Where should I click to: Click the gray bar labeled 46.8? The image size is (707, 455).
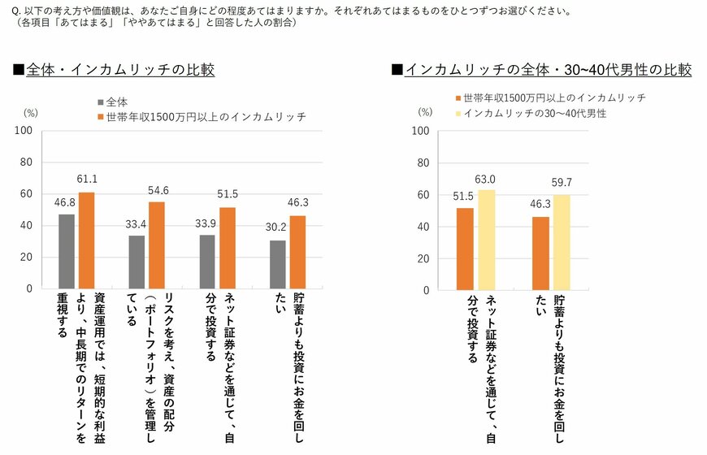pyautogui.click(x=67, y=251)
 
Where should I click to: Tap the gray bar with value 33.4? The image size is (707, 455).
pyautogui.click(x=137, y=262)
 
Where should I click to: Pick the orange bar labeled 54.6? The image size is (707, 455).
pyautogui.click(x=158, y=245)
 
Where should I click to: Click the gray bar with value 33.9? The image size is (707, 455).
pyautogui.click(x=206, y=262)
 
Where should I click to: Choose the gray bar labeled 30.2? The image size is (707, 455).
pyautogui.click(x=277, y=264)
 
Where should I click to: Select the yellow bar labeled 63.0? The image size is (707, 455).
pyautogui.click(x=486, y=239)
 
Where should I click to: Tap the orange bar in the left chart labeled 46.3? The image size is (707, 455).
pyautogui.click(x=298, y=252)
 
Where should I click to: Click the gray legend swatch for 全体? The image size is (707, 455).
pyautogui.click(x=100, y=102)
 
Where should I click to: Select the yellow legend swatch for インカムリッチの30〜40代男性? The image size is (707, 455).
pyautogui.click(x=458, y=114)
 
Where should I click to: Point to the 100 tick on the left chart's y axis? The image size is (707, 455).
pyautogui.click(x=24, y=131)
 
